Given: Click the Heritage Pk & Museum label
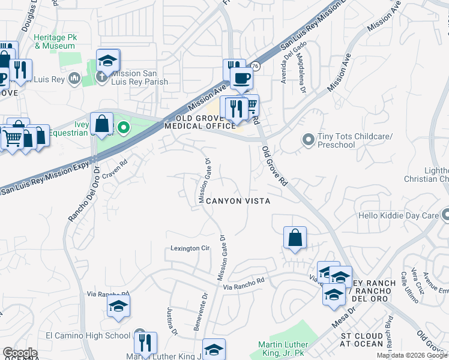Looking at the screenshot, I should click(x=56, y=41).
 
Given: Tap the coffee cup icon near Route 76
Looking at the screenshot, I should click(x=241, y=77).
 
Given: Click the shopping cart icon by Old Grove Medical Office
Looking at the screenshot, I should click(x=250, y=106).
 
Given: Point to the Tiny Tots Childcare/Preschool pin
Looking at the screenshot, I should click(x=308, y=140).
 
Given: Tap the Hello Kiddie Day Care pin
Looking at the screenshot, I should click(x=444, y=215).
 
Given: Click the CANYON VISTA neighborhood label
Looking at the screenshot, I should click(x=238, y=201).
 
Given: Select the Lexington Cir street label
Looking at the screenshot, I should click(x=190, y=248).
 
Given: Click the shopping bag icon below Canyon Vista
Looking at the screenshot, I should click(x=295, y=238).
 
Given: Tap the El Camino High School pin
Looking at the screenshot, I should click(x=140, y=335).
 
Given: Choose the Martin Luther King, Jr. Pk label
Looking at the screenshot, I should click(x=283, y=348).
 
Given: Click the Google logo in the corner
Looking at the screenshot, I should click(x=19, y=353).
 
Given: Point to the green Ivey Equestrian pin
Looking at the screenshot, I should click(x=124, y=127).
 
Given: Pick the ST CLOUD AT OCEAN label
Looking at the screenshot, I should click(x=361, y=339).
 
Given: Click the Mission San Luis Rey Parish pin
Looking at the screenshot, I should click(x=102, y=76).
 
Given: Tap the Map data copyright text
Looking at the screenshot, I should click(x=412, y=355).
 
